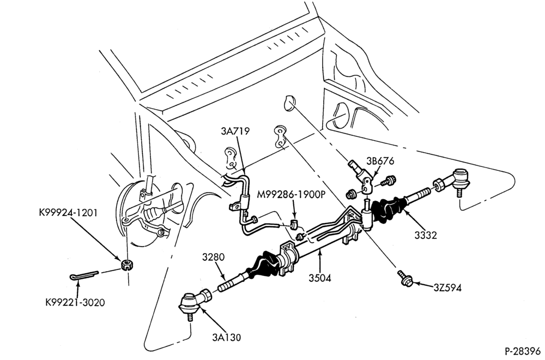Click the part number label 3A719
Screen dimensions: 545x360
pyautogui.click(x=235, y=131)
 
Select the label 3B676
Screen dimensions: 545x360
pyautogui.click(x=380, y=161)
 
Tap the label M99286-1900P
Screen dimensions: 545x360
pyautogui.click(x=291, y=194)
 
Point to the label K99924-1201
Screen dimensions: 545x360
pyautogui.click(x=68, y=213)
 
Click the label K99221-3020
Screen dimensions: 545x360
pyautogui.click(x=75, y=303)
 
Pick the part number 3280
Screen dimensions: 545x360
pyautogui.click(x=214, y=257)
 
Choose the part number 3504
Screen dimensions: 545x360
pyautogui.click(x=320, y=278)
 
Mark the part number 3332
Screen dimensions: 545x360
pyautogui.click(x=426, y=235)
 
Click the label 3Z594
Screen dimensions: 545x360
pyautogui.click(x=447, y=288)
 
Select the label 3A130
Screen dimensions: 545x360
pyautogui.click(x=227, y=337)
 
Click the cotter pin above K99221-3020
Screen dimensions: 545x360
pyautogui.click(x=83, y=275)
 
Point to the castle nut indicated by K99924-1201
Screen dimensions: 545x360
pyautogui.click(x=127, y=265)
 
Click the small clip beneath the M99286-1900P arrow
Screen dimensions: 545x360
pyautogui.click(x=294, y=224)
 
